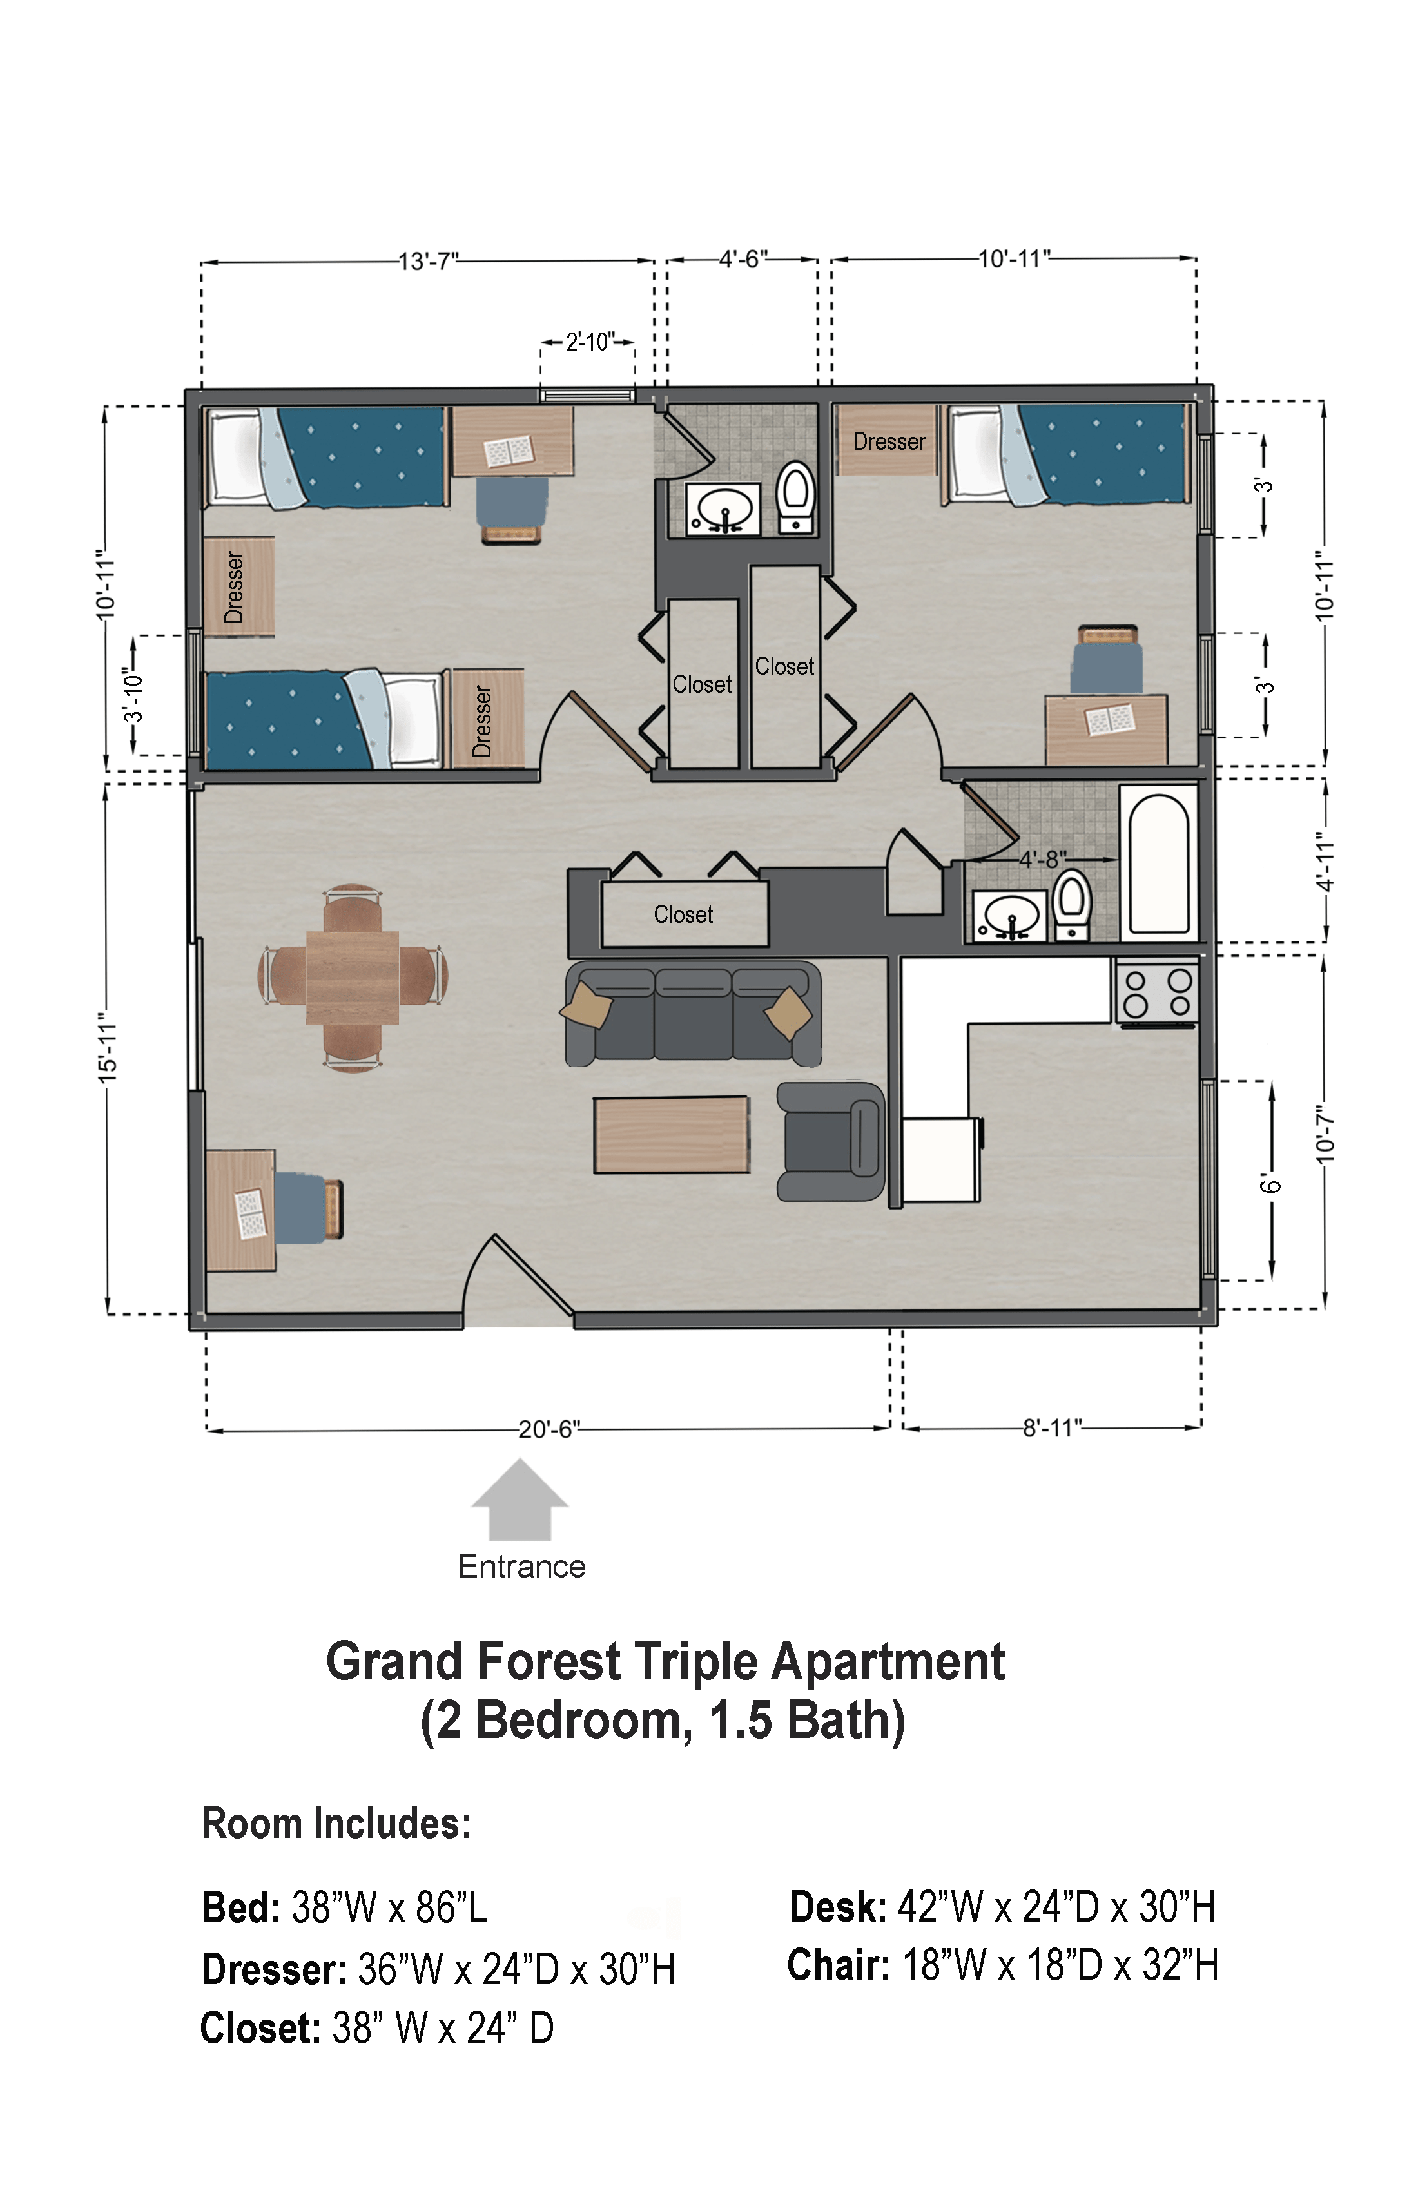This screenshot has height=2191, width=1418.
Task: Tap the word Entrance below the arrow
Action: point(522,1566)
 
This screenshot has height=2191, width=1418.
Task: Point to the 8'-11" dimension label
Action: point(1053,1428)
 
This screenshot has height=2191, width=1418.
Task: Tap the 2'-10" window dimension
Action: point(589,342)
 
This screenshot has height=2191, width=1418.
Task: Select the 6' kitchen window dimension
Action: point(1270,1185)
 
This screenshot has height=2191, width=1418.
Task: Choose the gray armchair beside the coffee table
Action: point(831,1141)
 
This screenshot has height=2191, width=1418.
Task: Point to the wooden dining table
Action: point(353,978)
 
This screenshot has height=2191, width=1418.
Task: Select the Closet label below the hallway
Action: point(683,914)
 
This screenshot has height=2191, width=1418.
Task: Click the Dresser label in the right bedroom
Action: point(889,442)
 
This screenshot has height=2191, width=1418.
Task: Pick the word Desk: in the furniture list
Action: point(838,1907)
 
